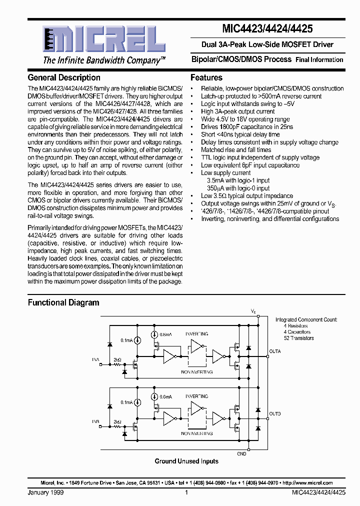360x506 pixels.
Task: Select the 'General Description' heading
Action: tap(64, 77)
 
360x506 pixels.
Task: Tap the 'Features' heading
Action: tap(206, 77)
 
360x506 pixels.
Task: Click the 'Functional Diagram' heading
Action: tap(63, 302)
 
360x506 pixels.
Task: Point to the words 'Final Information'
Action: tap(319, 59)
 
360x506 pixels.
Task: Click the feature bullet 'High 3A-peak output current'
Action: tap(237, 111)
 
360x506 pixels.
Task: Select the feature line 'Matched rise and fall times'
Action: tap(236, 149)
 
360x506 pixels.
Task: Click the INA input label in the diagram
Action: tap(95, 359)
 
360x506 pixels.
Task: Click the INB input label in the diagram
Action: tap(95, 421)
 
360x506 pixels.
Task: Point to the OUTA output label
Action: tap(275, 351)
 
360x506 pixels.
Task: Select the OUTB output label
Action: tap(275, 414)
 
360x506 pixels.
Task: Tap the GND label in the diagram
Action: tap(241, 454)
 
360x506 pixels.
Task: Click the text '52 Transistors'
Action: tap(298, 338)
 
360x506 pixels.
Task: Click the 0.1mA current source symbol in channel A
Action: tap(138, 340)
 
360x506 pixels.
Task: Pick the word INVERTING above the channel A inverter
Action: tap(196, 333)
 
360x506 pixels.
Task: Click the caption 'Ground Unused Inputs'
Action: tap(186, 461)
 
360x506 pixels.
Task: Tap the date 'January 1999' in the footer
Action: tap(45, 492)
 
